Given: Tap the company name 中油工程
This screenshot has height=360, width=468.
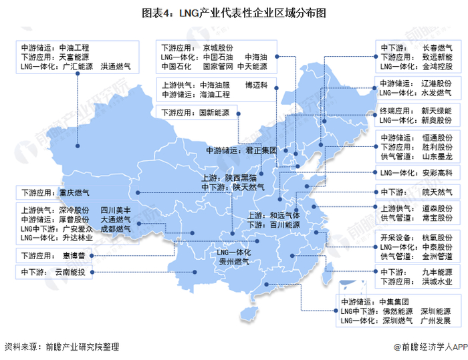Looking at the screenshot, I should point(74,48).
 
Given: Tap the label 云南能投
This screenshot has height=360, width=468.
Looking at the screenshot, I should point(72,273).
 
